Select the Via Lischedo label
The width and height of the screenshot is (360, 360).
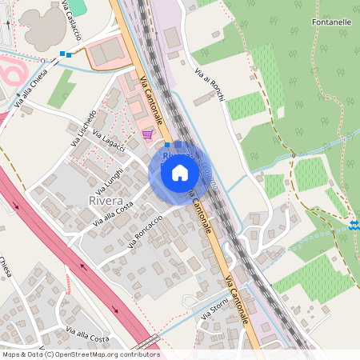(x=83, y=122)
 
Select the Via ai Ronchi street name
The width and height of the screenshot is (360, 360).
(x=209, y=84)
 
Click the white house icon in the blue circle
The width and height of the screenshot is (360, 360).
(x=180, y=172)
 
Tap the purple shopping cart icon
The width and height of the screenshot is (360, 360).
(x=147, y=134)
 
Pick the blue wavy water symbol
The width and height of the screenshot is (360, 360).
(x=354, y=226)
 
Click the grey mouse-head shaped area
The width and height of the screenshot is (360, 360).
(x=42, y=26)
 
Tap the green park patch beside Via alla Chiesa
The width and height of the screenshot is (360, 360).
(x=61, y=89)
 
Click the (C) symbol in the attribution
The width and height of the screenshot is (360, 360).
(x=50, y=354)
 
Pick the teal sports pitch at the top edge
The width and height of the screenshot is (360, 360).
(x=75, y=6)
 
